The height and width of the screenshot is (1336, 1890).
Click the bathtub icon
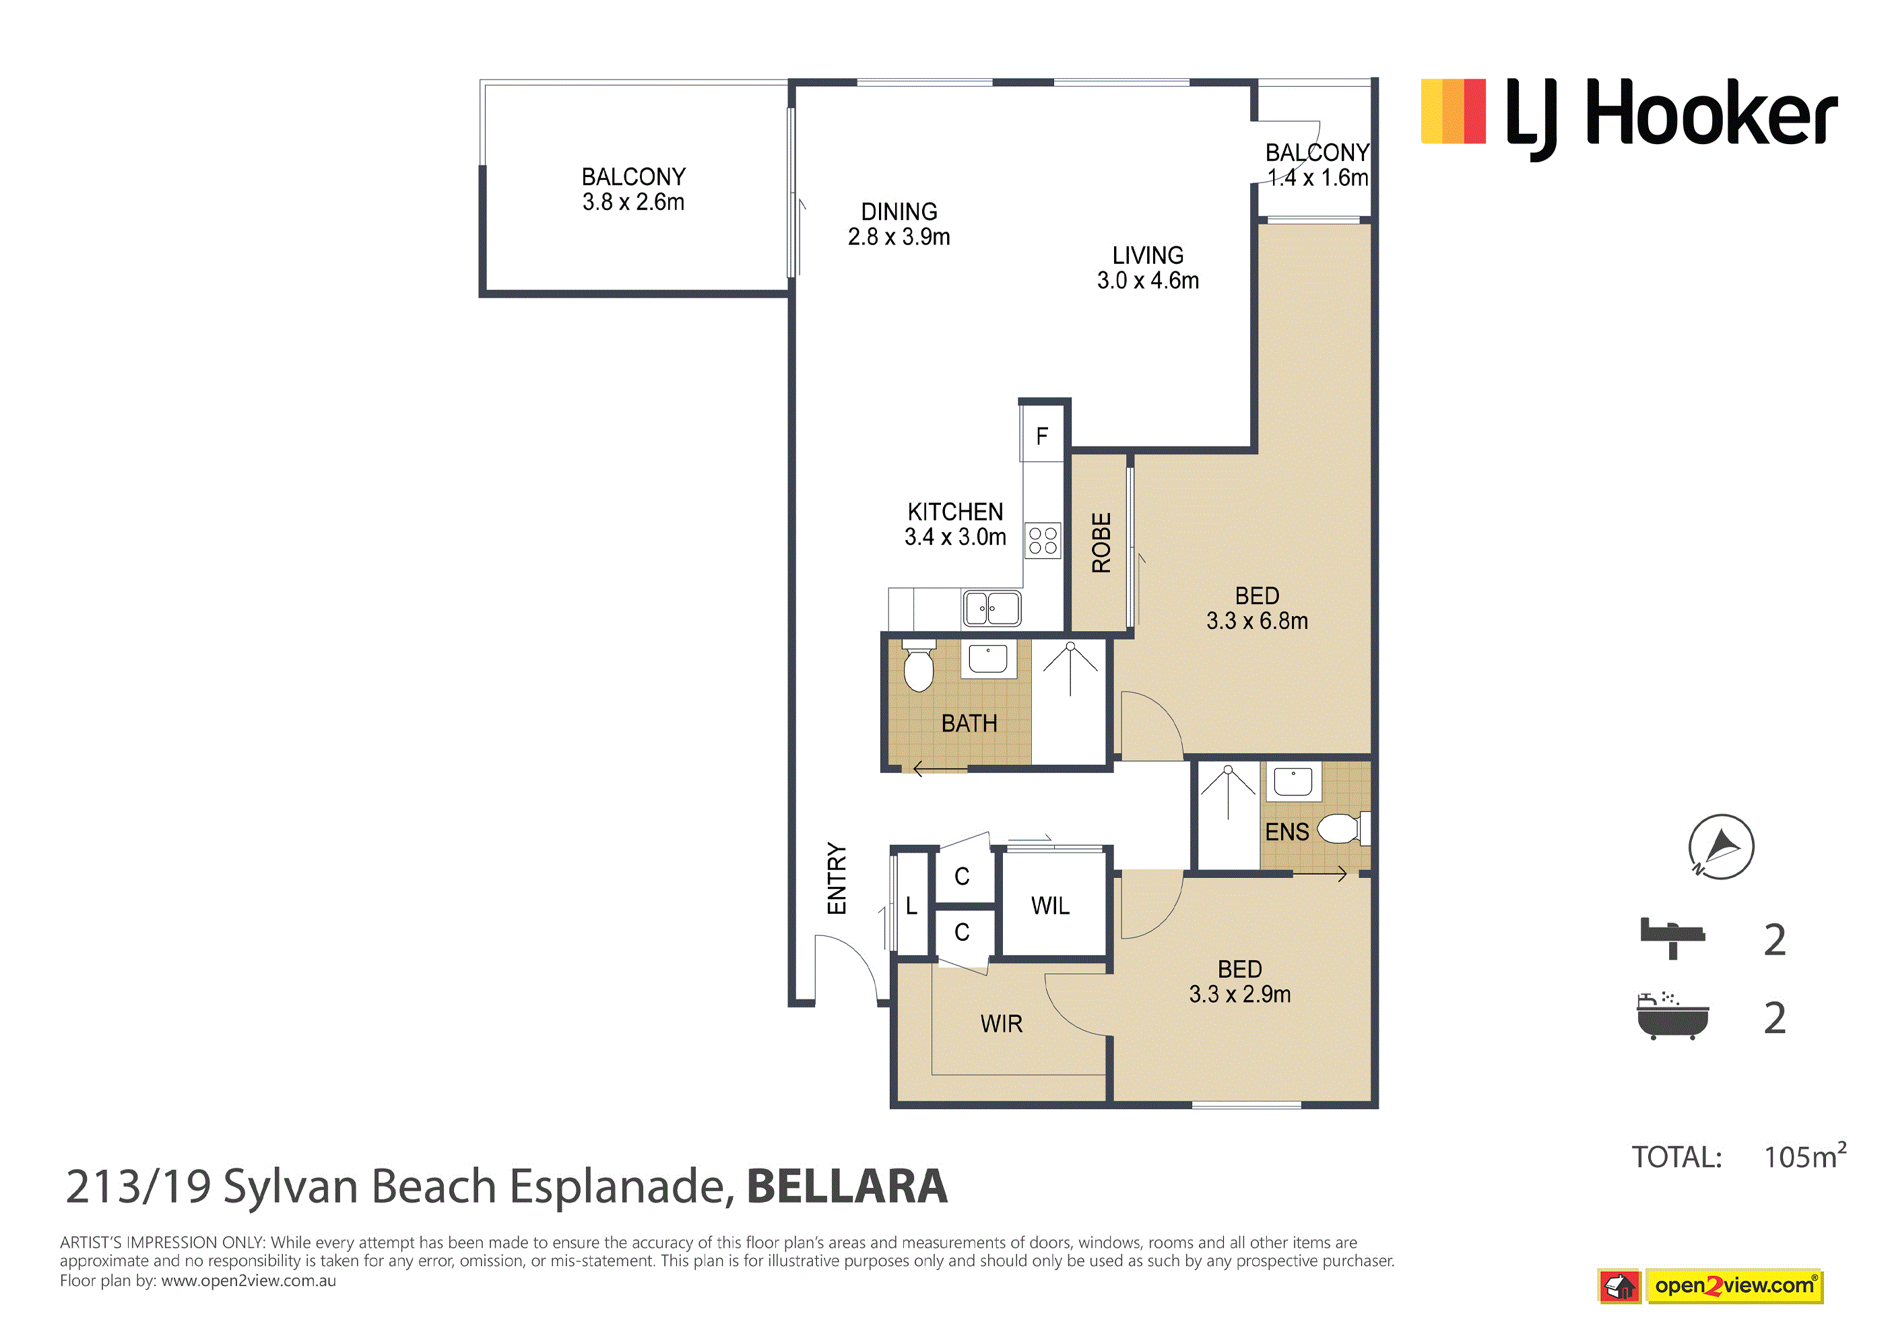tap(1672, 1017)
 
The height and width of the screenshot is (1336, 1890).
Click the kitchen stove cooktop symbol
tap(1043, 541)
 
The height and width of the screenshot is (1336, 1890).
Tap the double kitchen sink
tap(992, 608)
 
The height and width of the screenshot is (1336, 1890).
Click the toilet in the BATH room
tap(919, 666)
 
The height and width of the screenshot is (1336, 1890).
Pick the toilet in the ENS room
tap(1344, 828)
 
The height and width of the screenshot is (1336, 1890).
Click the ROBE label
tap(1101, 543)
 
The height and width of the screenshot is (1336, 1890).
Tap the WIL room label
tap(1050, 906)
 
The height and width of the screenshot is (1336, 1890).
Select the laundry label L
tap(911, 906)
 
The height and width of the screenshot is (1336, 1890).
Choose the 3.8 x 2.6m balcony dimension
tap(633, 201)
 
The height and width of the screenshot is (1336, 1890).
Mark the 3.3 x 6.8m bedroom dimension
tap(1257, 621)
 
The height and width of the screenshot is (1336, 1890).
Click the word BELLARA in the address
tap(847, 1187)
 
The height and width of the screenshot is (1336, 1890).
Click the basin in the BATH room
tap(988, 659)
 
